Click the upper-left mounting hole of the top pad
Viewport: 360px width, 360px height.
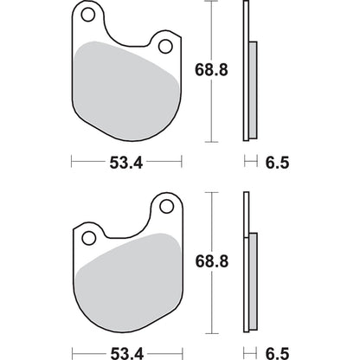click(x=87, y=15)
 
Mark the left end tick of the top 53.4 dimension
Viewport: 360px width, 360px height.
click(x=72, y=160)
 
